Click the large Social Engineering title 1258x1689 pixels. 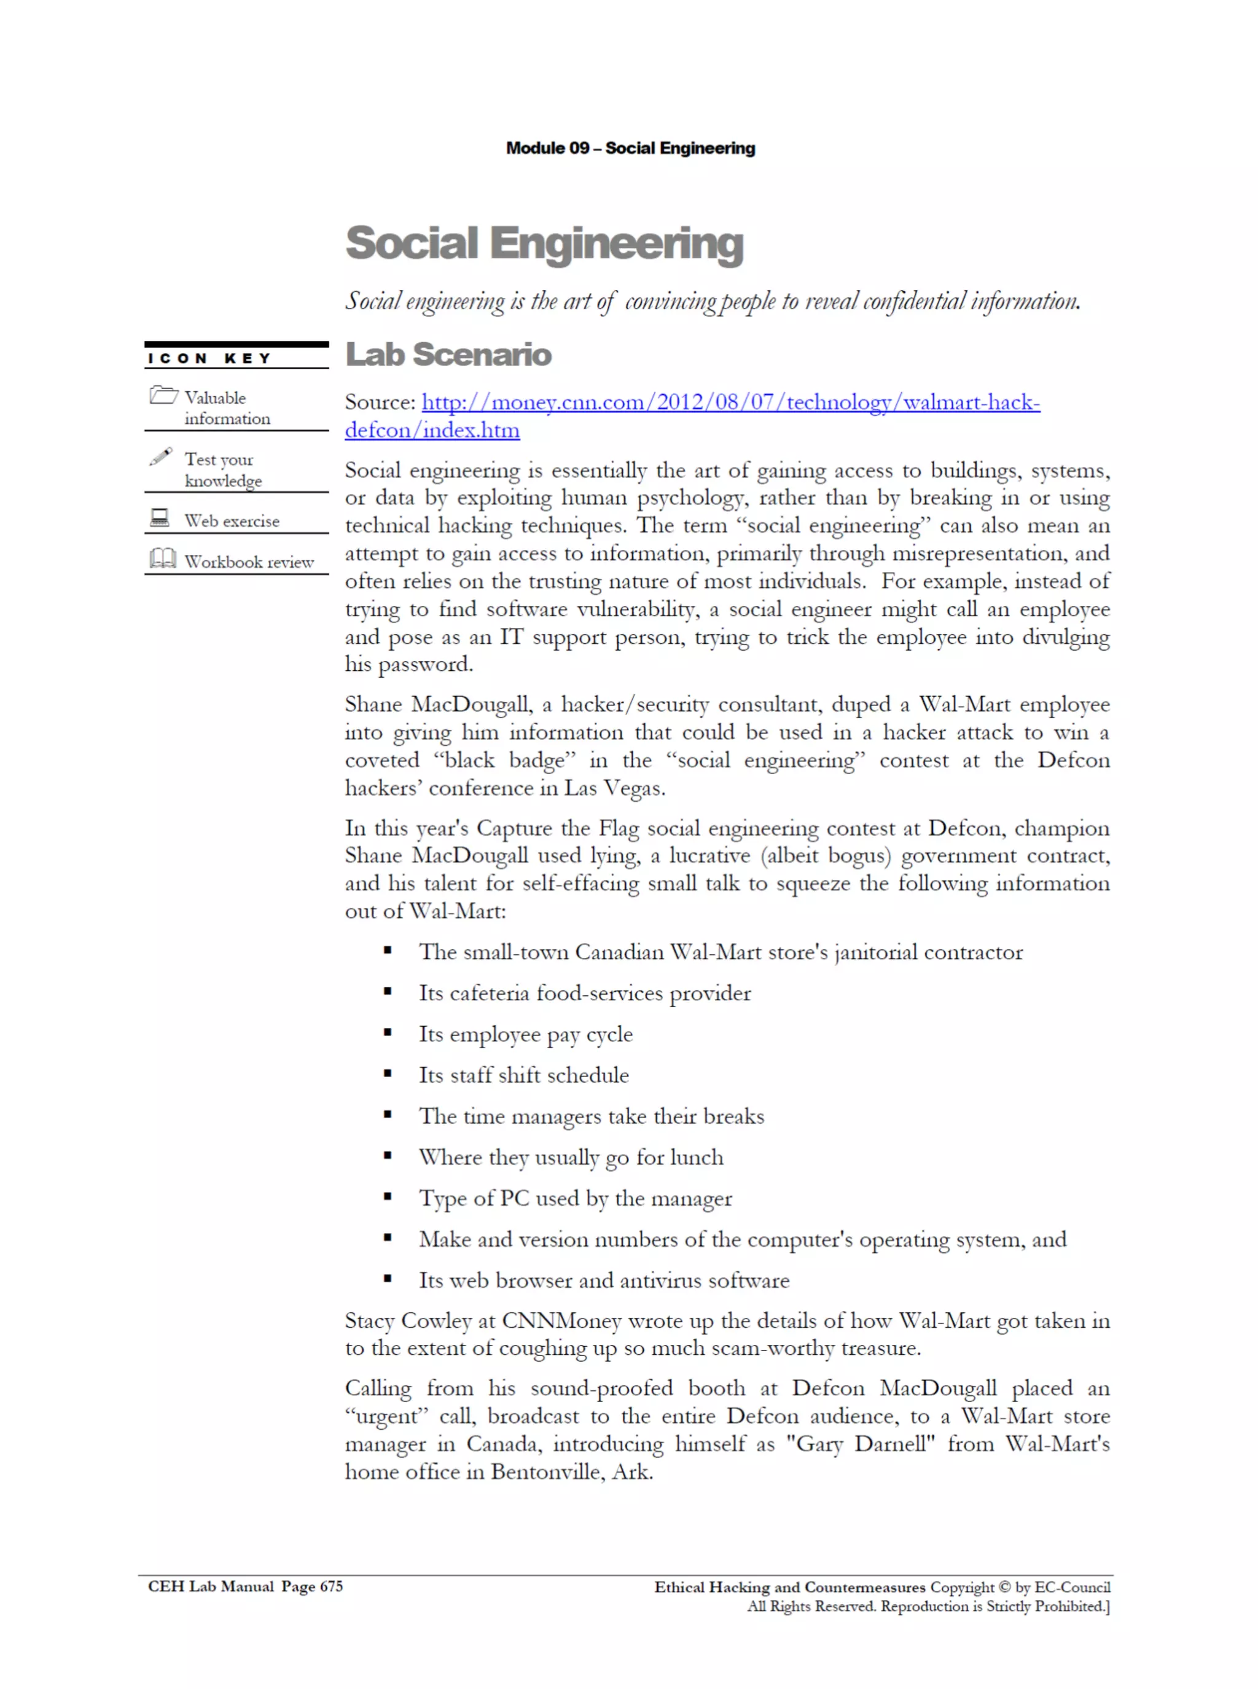click(x=544, y=244)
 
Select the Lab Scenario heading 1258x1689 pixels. click(x=448, y=355)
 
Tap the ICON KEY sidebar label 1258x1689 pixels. click(x=209, y=358)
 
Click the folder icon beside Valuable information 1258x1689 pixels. click(x=163, y=395)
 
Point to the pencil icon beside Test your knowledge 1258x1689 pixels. click(x=161, y=456)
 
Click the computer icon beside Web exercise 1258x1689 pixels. click(x=160, y=518)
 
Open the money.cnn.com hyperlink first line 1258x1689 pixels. click(x=730, y=402)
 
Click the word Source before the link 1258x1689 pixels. click(x=378, y=402)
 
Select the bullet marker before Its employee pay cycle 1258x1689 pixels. click(x=388, y=1033)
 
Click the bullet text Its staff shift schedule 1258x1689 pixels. click(x=523, y=1075)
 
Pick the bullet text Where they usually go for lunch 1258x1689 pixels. click(x=571, y=1157)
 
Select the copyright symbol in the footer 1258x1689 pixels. click(x=1004, y=1587)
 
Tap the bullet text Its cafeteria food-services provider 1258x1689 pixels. click(x=584, y=992)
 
